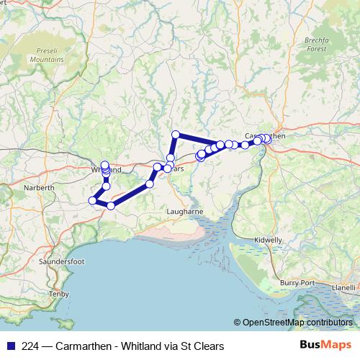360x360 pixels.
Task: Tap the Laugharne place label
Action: coord(187,211)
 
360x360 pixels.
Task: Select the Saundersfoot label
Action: coord(64,261)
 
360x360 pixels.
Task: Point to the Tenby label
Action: coord(57,294)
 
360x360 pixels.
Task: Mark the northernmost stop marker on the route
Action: coord(175,134)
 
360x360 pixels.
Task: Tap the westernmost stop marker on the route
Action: coord(92,200)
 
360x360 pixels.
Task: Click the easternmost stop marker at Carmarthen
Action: coord(268,138)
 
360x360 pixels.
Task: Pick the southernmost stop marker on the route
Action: coord(111,206)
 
